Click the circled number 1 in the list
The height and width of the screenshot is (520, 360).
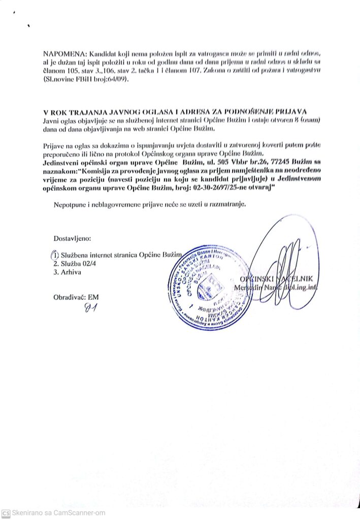coord(55,255)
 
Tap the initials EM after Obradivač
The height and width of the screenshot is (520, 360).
coord(93,297)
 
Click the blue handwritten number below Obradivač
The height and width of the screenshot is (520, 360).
coord(92,307)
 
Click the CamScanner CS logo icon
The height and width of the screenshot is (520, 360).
coord(6,513)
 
